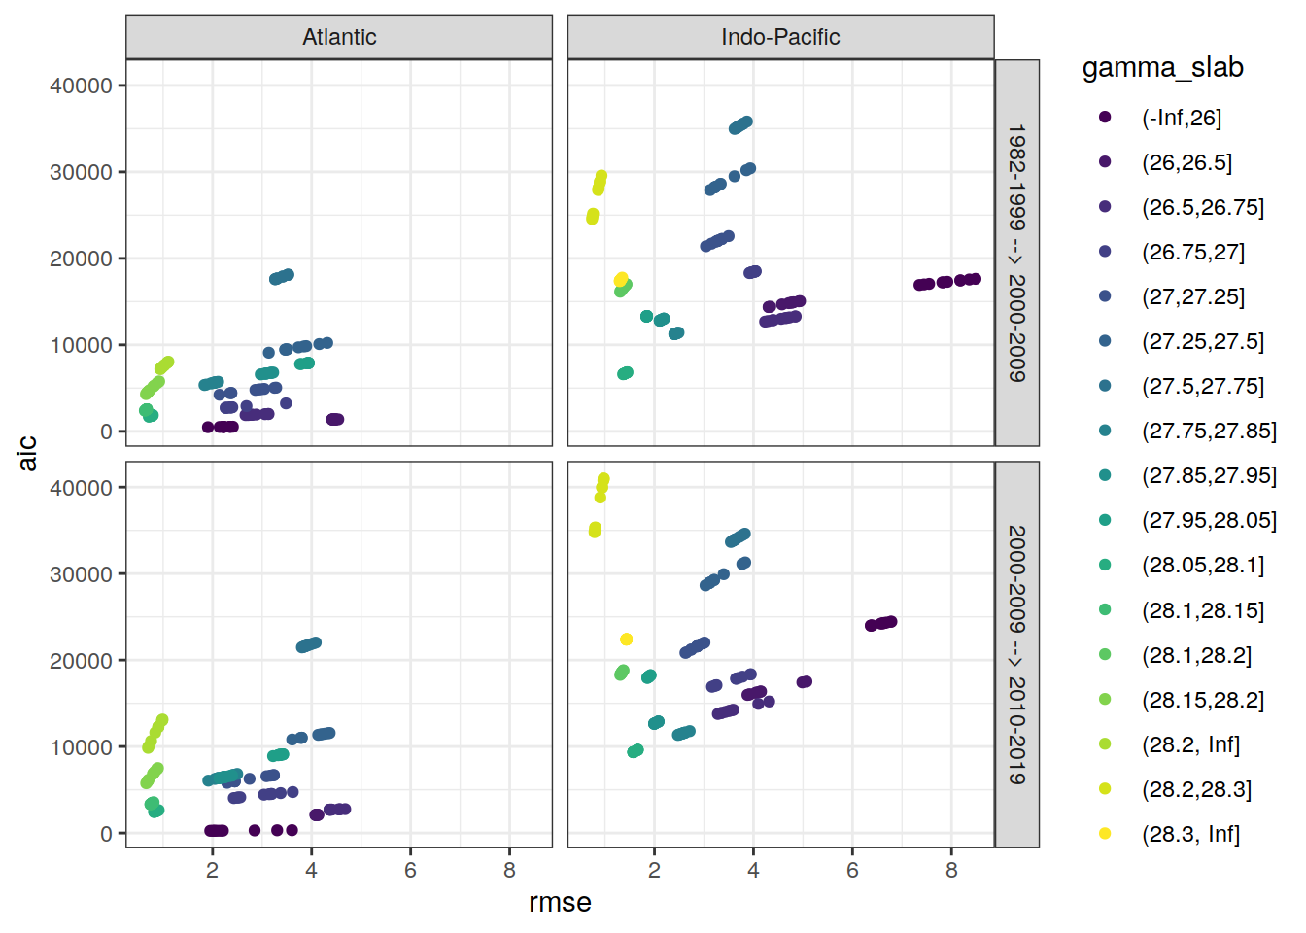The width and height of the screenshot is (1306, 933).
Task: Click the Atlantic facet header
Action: point(339,37)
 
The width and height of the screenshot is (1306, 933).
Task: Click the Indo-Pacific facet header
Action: point(780,37)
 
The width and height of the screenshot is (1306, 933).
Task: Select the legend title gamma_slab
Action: point(1162,67)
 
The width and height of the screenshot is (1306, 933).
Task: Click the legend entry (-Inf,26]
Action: point(1181,118)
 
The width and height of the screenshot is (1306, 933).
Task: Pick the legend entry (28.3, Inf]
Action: point(1190,834)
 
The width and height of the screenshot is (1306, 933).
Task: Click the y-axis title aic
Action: point(27,453)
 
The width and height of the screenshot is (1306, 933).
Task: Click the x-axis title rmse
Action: point(560,903)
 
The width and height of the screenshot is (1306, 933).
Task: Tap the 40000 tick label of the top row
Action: point(81,86)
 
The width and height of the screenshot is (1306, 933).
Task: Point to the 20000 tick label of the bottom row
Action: point(81,661)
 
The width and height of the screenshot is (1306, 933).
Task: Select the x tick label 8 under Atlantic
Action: point(509,871)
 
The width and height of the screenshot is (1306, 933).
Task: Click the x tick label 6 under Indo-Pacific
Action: point(852,871)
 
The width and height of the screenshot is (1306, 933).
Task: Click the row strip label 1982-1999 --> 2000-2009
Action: point(1016,253)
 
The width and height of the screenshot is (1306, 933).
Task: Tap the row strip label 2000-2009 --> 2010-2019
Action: point(1016,654)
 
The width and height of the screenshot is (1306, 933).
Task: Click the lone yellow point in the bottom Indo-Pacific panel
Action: point(627,639)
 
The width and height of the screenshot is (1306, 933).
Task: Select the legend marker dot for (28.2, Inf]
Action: point(1105,744)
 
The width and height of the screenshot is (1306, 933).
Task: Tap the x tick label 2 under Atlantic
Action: point(212,871)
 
